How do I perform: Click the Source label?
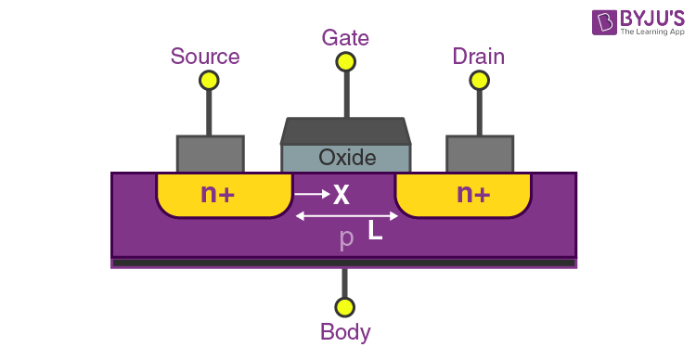(205, 57)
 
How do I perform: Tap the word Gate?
(345, 38)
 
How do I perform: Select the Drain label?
(478, 57)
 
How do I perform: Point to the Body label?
(345, 332)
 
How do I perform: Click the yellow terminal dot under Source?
(209, 81)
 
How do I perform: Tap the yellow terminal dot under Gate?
(345, 62)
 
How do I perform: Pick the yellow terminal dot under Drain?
(480, 81)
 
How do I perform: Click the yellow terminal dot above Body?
(345, 306)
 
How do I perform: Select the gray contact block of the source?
(210, 154)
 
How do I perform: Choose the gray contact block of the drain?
(480, 154)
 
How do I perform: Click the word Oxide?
(347, 158)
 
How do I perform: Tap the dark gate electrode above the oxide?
(345, 131)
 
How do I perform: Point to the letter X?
(341, 195)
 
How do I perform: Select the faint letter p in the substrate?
(346, 238)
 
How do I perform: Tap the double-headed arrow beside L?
(346, 216)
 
